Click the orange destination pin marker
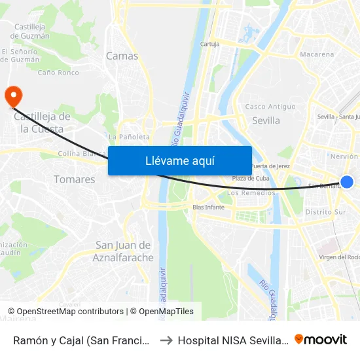coord(12,96)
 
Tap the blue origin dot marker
coord(347,182)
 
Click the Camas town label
coord(122,56)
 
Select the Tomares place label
coord(74,179)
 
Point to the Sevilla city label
coord(266,120)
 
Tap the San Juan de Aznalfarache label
coord(124,251)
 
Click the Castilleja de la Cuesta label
coord(43,122)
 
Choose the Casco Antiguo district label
coord(270,107)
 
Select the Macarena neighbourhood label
coord(316,54)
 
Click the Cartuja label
coord(209,45)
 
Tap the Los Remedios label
coord(251,193)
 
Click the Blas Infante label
coord(208,207)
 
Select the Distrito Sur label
coord(325,212)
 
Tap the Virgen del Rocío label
coord(338,257)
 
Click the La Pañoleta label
coord(130,137)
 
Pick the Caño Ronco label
coord(58,73)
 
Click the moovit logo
coord(321,339)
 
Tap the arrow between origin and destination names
coord(166,340)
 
